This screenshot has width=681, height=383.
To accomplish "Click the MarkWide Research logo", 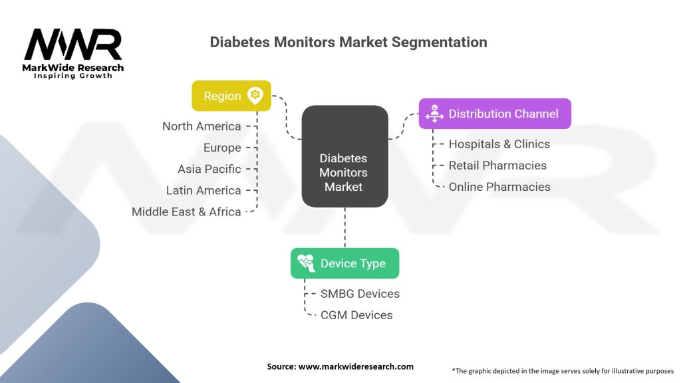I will (73, 53).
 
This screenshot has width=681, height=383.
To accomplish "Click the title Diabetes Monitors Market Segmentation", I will (348, 42).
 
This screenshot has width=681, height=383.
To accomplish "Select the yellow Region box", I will (231, 96).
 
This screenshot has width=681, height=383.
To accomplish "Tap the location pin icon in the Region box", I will (255, 95).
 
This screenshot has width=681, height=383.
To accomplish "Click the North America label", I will (202, 126).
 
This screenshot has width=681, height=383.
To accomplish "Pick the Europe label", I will (222, 148).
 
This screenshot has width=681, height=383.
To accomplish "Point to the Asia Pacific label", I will (209, 169).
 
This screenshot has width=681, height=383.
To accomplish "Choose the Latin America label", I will (204, 190).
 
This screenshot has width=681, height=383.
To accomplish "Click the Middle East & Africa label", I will (186, 211).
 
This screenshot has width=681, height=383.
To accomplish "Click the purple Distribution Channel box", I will (494, 114).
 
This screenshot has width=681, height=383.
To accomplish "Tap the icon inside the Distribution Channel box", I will (435, 114).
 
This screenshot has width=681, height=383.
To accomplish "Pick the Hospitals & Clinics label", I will (499, 144).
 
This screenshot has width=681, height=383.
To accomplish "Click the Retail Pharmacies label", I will (497, 165).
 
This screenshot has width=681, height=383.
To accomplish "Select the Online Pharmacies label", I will (499, 187).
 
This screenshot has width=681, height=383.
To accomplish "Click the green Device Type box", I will (344, 263).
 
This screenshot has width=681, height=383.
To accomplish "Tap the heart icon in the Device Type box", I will (307, 263).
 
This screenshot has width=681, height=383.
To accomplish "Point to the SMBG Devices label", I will (360, 293).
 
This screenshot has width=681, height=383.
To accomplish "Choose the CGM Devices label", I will (356, 315).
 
